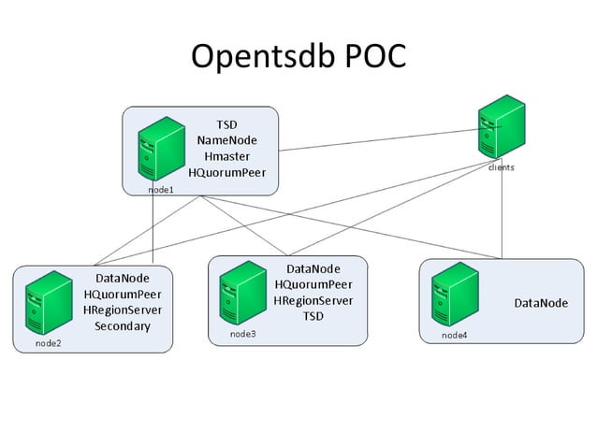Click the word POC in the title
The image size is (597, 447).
pyautogui.click(x=371, y=56)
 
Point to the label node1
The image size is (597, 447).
pyautogui.click(x=161, y=189)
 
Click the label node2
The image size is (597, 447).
pyautogui.click(x=49, y=343)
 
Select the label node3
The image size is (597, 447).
pyautogui.click(x=242, y=333)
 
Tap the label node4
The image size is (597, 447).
pyautogui.click(x=454, y=335)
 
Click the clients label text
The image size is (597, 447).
pyautogui.click(x=501, y=168)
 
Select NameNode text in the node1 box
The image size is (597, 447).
pyautogui.click(x=226, y=140)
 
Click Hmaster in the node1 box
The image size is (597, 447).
pyautogui.click(x=226, y=156)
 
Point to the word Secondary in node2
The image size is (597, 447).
pyautogui.click(x=122, y=326)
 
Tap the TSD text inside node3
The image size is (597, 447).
pyautogui.click(x=313, y=316)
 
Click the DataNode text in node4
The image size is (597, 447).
pyautogui.click(x=541, y=303)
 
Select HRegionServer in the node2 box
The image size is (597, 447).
pyautogui.click(x=122, y=310)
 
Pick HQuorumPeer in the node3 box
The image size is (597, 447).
pyautogui.click(x=313, y=284)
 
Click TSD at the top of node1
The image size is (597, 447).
pyautogui.click(x=226, y=124)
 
